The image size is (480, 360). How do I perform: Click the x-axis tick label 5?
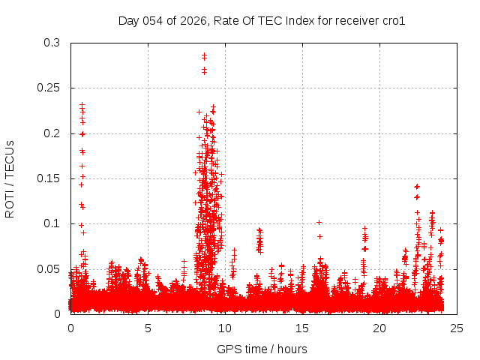148,328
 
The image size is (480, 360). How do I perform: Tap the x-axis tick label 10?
225,328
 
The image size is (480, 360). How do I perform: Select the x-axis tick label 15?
302,328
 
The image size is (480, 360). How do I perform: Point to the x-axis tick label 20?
379,328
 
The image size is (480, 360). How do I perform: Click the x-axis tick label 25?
457,328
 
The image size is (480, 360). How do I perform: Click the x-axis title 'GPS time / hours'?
262,349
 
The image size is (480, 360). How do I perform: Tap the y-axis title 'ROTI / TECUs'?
10,178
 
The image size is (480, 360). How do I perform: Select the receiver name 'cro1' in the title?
394,20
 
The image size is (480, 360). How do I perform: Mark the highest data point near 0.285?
204,55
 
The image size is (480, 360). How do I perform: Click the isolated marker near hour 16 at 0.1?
319,222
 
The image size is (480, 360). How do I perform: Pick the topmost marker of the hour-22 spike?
417,186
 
